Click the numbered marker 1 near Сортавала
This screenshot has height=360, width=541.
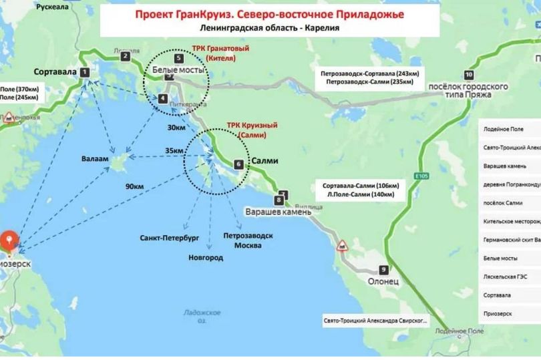coord(84,72)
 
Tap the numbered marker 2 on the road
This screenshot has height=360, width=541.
coord(125,57)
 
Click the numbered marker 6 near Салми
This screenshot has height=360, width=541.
coord(238,164)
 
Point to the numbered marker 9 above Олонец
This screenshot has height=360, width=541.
coord(383,270)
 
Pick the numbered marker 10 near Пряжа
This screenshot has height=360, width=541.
coord(469,75)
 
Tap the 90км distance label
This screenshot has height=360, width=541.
coord(134,186)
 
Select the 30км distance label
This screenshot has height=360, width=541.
coord(176,128)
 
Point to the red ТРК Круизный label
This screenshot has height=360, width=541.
coord(252,130)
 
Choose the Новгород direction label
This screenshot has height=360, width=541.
coord(206,258)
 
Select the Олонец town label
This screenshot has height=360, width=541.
coord(383,282)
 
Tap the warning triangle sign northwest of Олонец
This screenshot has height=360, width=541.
coord(342,245)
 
